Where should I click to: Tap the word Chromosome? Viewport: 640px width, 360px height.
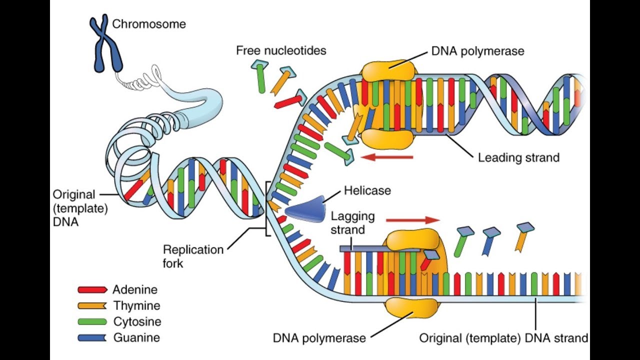[x=148, y=24]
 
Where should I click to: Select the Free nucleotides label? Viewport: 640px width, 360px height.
[x=281, y=50]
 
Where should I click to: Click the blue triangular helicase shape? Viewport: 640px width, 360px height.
[x=305, y=207]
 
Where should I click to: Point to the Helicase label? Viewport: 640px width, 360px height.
[x=367, y=190]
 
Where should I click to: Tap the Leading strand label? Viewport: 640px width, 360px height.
[x=518, y=158]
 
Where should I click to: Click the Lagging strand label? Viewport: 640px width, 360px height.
[x=352, y=223]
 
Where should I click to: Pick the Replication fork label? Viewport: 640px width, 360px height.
[x=193, y=255]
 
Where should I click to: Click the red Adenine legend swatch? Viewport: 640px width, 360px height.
[x=92, y=289]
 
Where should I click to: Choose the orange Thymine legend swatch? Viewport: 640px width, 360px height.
[x=92, y=305]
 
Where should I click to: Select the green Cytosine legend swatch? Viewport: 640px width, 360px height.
[x=92, y=321]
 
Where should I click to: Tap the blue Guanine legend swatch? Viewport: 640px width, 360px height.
[x=92, y=337]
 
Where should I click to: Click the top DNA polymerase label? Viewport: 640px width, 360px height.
[x=477, y=51]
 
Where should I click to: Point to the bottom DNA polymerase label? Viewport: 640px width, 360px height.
[x=319, y=338]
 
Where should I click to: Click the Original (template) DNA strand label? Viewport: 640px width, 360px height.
[x=503, y=338]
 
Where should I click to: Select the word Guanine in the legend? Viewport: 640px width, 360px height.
[x=136, y=337]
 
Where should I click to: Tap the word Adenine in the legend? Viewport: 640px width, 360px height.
[x=135, y=289]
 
